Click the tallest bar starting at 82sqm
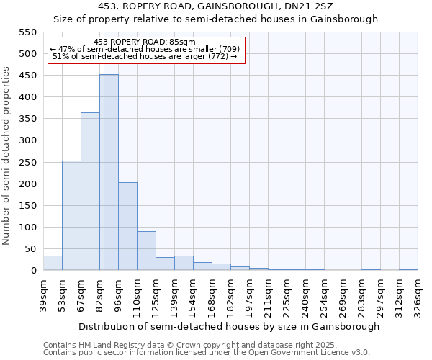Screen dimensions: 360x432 tap(109, 173)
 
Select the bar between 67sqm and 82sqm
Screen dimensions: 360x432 tap(90, 192)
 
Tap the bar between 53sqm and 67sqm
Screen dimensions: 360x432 tap(71, 216)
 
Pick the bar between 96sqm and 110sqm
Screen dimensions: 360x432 tap(127, 227)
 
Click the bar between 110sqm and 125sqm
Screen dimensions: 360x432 tap(146, 251)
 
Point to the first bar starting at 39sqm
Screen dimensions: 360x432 tap(53, 264)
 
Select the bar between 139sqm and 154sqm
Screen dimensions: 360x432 tap(184, 264)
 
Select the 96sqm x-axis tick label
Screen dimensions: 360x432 tap(118, 294)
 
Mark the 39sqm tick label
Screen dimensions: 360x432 tap(43, 294)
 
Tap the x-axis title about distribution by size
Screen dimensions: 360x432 tap(229, 327)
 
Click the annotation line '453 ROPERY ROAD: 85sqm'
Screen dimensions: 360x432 tap(145, 42)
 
